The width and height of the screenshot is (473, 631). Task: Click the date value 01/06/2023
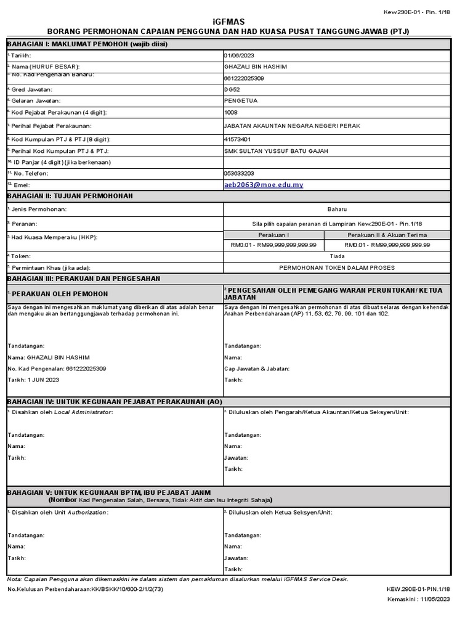tap(240, 55)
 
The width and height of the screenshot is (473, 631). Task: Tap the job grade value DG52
tap(233, 89)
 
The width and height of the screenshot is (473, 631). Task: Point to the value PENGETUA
tap(241, 100)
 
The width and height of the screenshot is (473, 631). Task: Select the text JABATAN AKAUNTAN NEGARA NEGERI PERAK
tap(293, 126)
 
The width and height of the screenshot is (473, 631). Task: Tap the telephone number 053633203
tap(240, 174)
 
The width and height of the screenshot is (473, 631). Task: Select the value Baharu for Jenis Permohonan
tap(337, 210)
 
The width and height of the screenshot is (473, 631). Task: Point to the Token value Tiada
tap(337, 256)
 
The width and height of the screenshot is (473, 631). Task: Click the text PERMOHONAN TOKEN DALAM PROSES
tap(337, 267)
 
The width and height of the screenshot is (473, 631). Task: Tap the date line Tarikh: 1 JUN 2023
tap(33, 380)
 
